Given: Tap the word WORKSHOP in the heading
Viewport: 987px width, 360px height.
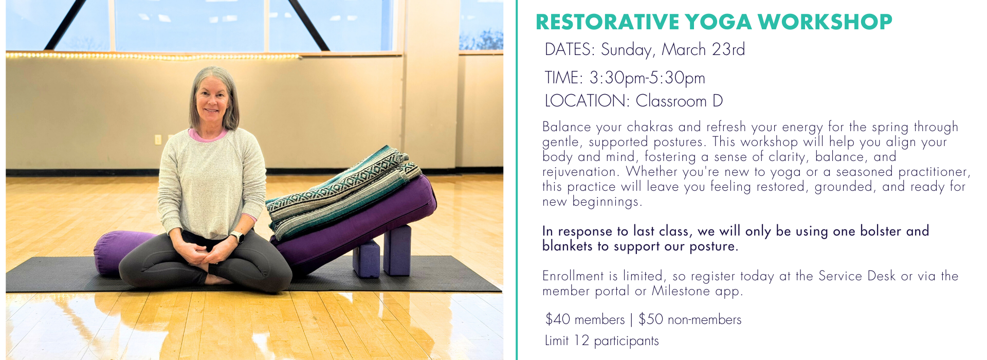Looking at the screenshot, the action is click(825, 22).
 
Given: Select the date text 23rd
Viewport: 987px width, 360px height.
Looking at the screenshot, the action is click(728, 49).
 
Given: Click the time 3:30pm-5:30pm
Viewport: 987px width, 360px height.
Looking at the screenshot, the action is click(647, 78).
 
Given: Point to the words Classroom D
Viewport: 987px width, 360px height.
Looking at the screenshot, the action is click(679, 101).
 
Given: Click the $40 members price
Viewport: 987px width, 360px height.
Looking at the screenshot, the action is click(585, 319).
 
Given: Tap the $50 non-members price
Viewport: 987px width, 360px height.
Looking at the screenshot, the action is click(690, 319).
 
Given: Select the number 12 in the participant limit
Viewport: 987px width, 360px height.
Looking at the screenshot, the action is click(581, 340).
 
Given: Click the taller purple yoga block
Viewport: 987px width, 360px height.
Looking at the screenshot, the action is click(397, 250).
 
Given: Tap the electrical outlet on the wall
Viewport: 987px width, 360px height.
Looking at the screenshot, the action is click(158, 139).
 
